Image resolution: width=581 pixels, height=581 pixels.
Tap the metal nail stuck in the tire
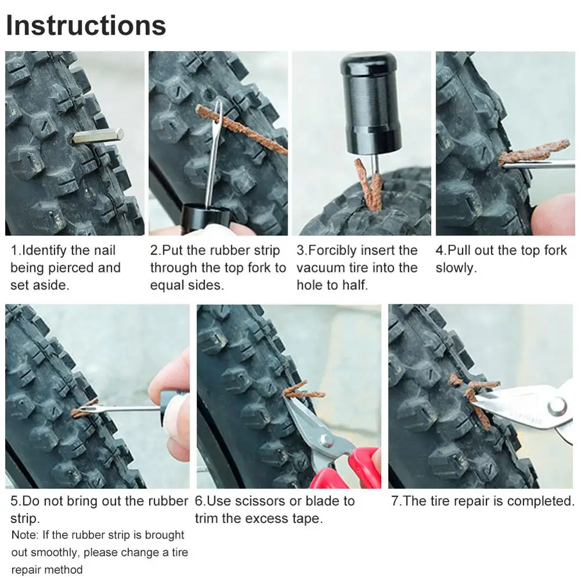point(98,137)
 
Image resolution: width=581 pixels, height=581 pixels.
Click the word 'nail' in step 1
point(105,250)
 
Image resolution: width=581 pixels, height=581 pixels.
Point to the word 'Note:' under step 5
point(25,535)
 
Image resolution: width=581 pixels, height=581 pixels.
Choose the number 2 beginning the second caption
point(154,250)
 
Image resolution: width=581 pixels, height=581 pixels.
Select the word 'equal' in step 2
point(167,286)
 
